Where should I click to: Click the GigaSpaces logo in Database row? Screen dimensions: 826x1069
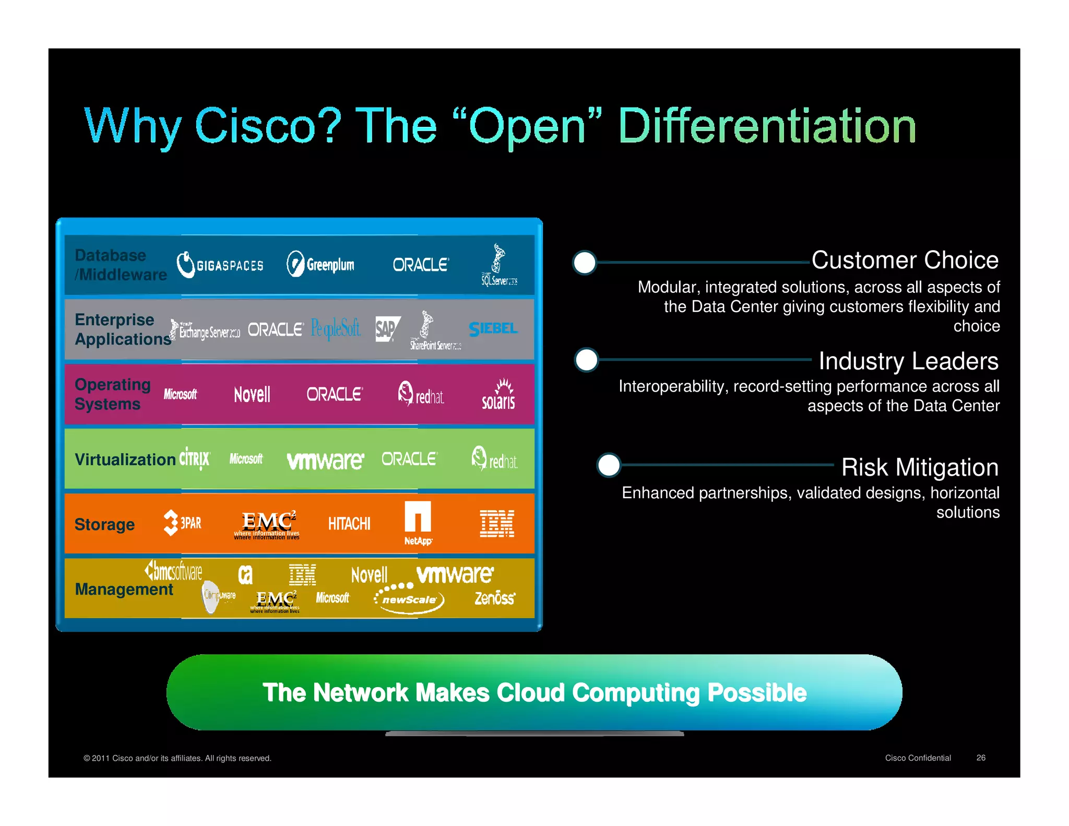(220, 265)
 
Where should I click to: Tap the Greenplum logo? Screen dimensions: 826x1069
(320, 265)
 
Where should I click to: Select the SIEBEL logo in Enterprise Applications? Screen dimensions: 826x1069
(493, 329)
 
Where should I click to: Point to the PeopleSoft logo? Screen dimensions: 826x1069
(336, 329)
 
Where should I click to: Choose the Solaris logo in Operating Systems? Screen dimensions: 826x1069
(498, 395)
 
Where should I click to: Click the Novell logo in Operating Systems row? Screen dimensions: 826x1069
(252, 395)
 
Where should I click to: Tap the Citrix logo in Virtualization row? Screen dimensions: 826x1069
(194, 459)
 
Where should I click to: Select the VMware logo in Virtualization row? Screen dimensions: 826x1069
(325, 461)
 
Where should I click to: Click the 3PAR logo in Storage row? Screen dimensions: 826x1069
(182, 523)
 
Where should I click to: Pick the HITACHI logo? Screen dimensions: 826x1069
(349, 524)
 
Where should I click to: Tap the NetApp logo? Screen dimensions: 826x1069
(418, 523)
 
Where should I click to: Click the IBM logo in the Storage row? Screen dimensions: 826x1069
(497, 524)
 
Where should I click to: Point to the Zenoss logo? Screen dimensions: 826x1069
(495, 598)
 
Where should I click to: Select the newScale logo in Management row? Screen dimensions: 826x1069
(409, 599)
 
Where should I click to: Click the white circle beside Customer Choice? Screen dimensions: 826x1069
(585, 263)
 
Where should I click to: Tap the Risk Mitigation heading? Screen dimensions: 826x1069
(920, 467)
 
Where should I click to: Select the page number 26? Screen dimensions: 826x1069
(981, 758)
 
